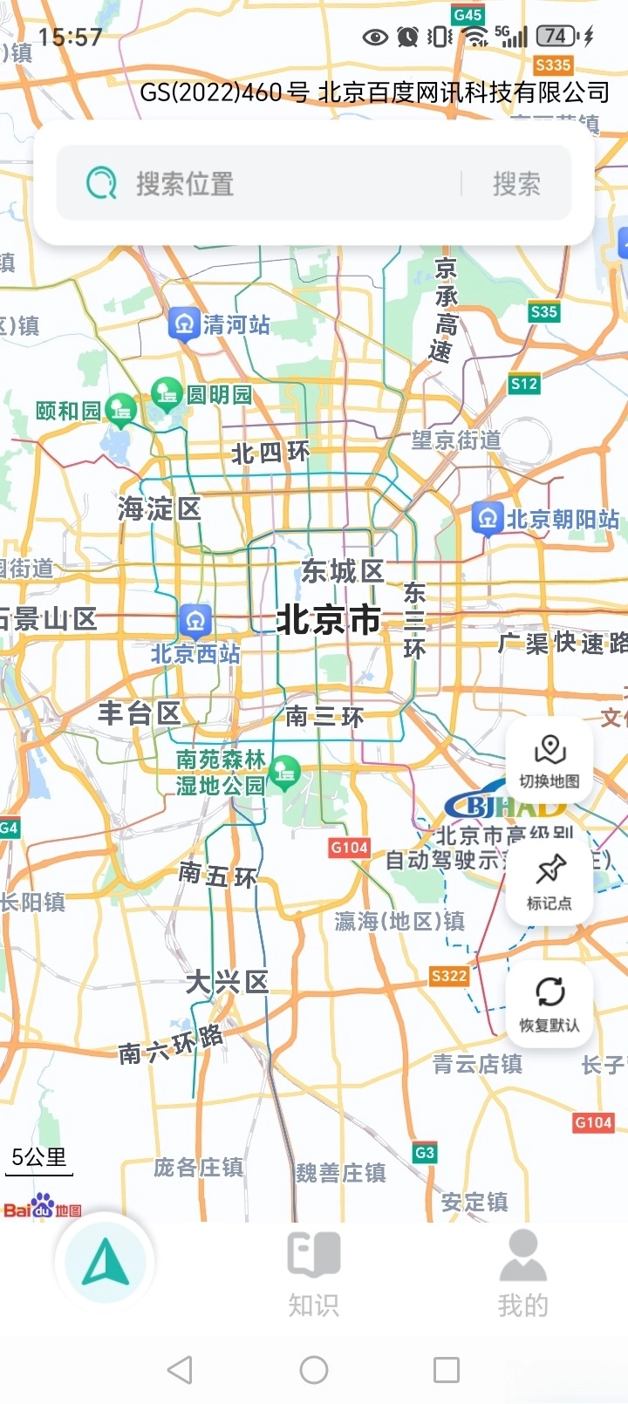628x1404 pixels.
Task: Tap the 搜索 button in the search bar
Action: [516, 184]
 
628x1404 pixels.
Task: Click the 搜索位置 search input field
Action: [262, 184]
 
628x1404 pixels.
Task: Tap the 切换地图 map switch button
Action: [549, 761]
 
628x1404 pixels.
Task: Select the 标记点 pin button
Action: [549, 882]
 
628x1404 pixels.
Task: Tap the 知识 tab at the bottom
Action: [314, 1273]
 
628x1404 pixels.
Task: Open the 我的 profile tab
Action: [522, 1273]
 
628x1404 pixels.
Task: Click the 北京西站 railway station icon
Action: [195, 621]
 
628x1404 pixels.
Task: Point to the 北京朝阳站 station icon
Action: [487, 518]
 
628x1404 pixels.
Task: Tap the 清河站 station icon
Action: [184, 324]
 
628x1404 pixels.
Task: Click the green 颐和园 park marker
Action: [120, 409]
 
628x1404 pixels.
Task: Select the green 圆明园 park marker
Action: [167, 393]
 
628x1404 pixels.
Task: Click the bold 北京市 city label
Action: [328, 620]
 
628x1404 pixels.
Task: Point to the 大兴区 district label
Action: [227, 983]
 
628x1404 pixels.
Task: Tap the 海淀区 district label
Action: [160, 509]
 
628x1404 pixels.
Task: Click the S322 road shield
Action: [449, 976]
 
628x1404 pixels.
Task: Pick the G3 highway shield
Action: [425, 1153]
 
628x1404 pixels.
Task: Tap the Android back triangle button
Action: [180, 1370]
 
